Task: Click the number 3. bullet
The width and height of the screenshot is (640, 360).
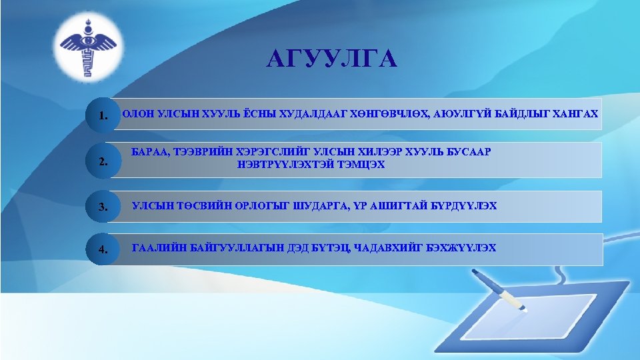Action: tap(103, 207)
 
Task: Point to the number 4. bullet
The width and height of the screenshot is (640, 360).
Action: tap(103, 250)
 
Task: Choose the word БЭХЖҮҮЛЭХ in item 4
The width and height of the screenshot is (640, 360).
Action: tap(465, 249)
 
